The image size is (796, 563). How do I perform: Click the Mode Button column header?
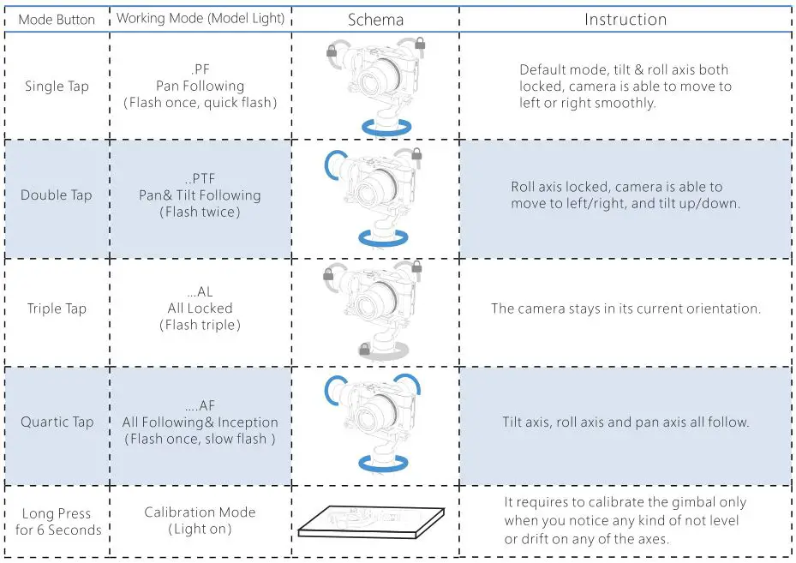(57, 20)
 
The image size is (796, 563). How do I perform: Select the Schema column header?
(375, 20)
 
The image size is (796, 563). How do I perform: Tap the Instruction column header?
(625, 20)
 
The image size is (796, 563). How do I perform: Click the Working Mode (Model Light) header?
(200, 19)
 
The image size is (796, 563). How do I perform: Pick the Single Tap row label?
(57, 86)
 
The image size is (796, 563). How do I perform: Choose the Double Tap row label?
(57, 195)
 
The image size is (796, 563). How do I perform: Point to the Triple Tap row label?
(57, 308)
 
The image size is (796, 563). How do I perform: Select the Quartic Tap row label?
(57, 422)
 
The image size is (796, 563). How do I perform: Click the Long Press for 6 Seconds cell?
(57, 521)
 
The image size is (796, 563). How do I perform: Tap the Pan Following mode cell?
(200, 86)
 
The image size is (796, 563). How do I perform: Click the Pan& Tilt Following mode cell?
(200, 195)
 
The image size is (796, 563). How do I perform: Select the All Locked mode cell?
(200, 308)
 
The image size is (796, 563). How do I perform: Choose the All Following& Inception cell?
(200, 422)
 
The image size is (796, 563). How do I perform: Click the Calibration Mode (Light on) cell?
(200, 520)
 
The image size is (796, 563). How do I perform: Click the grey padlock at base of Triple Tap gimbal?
(364, 349)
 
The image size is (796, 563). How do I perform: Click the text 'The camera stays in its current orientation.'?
(625, 308)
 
